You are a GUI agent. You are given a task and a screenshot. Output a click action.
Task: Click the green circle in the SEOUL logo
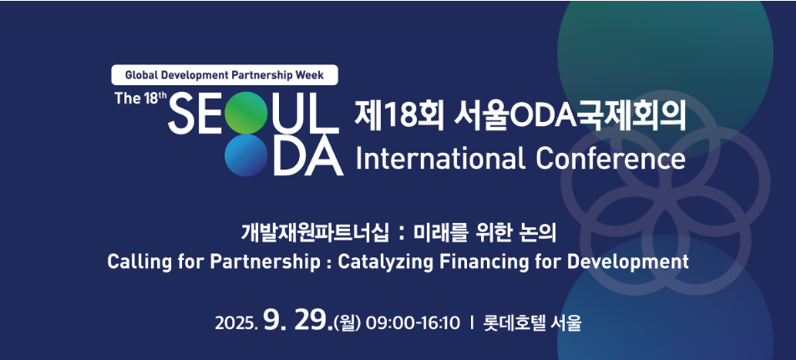[x=246, y=113]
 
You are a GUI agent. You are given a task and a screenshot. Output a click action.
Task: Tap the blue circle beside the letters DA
[x=246, y=155]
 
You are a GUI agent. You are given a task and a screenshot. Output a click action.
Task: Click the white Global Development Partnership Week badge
[x=225, y=75]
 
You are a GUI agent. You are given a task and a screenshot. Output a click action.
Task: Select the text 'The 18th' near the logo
[x=140, y=98]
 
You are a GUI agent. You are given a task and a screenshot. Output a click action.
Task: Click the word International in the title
[x=440, y=159]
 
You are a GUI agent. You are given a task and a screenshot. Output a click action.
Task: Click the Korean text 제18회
[x=399, y=116]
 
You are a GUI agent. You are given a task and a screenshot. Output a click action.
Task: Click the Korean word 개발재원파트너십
[x=315, y=234]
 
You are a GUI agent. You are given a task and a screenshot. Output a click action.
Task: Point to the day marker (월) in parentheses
[x=347, y=323]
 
